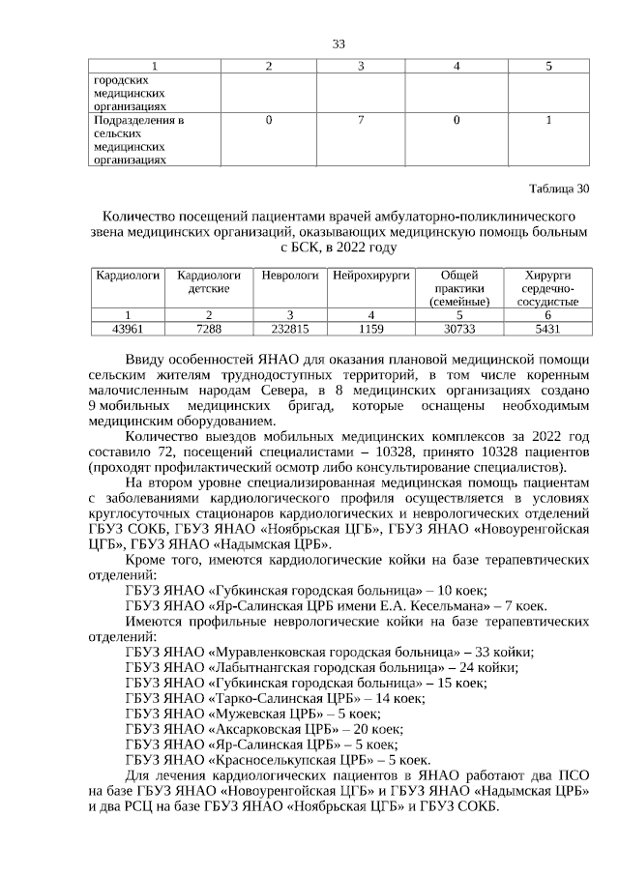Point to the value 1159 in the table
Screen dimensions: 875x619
pyautogui.click(x=371, y=328)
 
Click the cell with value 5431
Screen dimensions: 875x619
pyautogui.click(x=547, y=328)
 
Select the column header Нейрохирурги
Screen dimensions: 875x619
pyautogui.click(x=371, y=276)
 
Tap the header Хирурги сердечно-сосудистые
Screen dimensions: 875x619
pyautogui.click(x=547, y=288)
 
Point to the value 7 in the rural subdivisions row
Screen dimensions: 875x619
pyautogui.click(x=360, y=121)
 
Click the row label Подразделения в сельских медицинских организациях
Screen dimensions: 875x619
pyautogui.click(x=138, y=141)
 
